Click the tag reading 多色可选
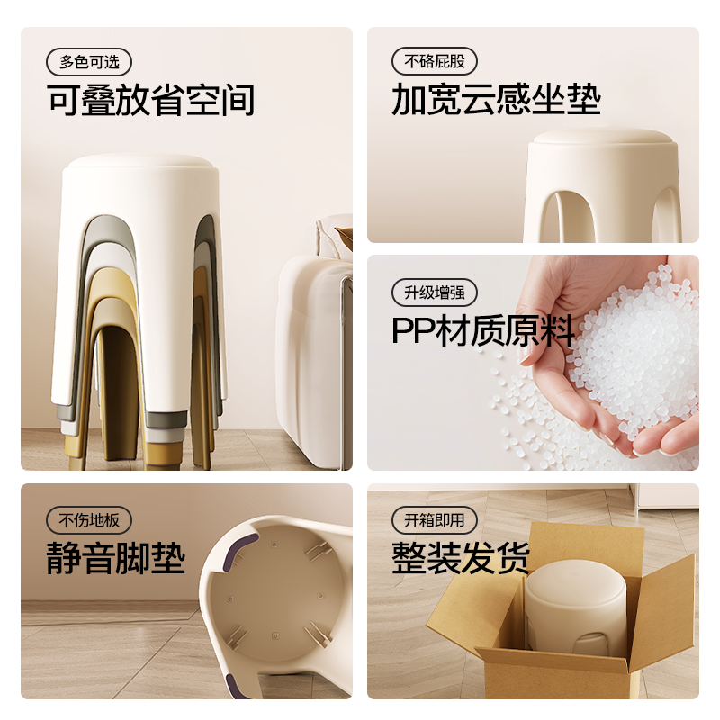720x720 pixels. (89, 62)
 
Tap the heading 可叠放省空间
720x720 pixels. (151, 101)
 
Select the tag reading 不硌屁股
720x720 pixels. (435, 62)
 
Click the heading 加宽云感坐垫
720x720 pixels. (496, 101)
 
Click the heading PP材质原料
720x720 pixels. (483, 331)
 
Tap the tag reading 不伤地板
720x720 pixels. (89, 520)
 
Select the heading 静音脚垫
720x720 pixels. (116, 559)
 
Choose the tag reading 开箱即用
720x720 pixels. (435, 520)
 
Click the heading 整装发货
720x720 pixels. (461, 559)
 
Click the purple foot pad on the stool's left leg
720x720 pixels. (238, 559)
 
